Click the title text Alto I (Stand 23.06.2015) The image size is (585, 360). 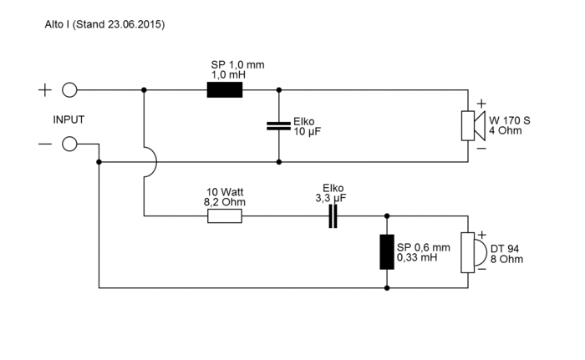(104, 25)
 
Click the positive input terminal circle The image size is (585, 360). (70, 89)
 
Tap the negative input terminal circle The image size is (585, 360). (70, 144)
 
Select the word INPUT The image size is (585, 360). (69, 119)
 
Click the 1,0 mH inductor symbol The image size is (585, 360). (224, 89)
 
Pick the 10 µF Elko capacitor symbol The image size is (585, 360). (278, 125)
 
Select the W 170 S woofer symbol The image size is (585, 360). (470, 125)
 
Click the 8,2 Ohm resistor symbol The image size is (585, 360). (225, 216)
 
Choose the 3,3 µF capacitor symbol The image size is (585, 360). (333, 216)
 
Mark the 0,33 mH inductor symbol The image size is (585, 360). (386, 251)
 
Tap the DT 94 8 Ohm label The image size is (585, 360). (506, 253)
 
